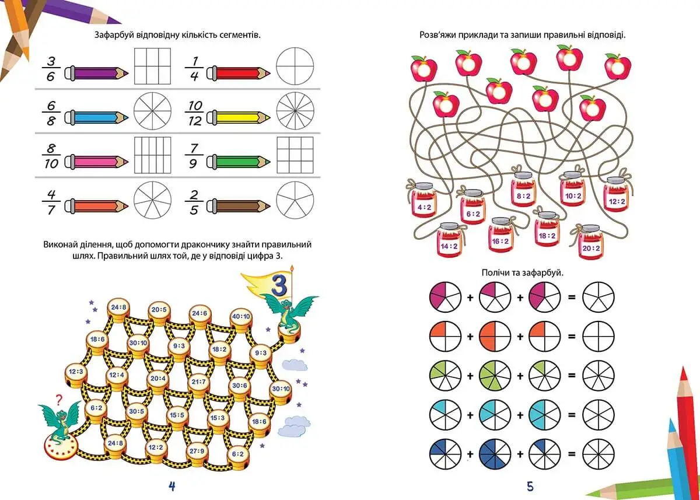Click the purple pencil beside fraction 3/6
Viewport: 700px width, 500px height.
point(97,73)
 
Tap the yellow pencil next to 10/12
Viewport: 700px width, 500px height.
point(239,117)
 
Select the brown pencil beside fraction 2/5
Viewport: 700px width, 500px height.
point(239,206)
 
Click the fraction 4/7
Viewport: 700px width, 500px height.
point(51,202)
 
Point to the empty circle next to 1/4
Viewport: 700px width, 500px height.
point(295,66)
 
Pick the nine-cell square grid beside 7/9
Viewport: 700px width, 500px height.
point(295,155)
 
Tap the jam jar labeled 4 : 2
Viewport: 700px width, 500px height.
point(423,201)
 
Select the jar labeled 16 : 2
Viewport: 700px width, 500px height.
point(501,235)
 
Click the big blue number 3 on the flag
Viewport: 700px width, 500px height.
point(279,284)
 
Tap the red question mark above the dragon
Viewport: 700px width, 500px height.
point(59,400)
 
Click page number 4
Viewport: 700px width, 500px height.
point(171,486)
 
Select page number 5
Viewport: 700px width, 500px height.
point(530,487)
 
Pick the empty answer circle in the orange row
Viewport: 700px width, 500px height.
point(598,336)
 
